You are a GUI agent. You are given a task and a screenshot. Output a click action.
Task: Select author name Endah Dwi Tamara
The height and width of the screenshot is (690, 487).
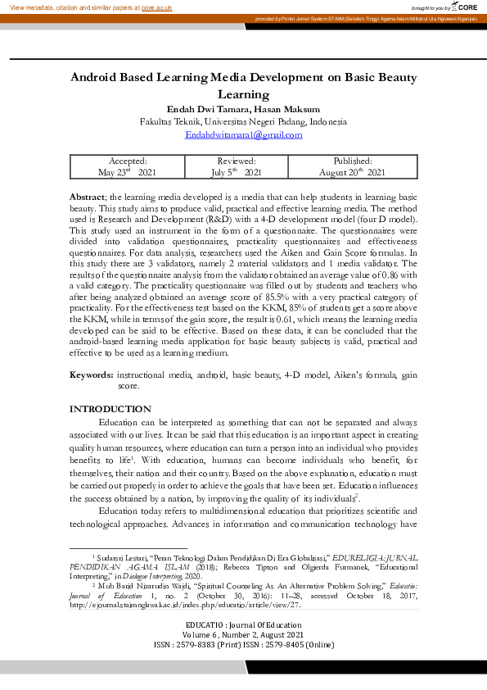(x=196, y=109)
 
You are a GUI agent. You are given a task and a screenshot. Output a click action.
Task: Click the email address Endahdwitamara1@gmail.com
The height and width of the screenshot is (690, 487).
(x=243, y=134)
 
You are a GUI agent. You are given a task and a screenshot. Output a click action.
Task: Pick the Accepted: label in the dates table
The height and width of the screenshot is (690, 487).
(x=127, y=161)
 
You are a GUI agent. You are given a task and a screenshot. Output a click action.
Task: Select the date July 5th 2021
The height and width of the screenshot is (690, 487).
(x=236, y=173)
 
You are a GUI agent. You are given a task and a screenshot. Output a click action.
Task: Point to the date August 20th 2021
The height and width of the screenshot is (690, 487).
(x=352, y=173)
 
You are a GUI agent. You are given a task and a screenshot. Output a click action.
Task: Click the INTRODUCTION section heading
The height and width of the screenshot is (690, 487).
(x=110, y=409)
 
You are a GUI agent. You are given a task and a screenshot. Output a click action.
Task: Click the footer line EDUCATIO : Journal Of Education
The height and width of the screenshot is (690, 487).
(x=243, y=626)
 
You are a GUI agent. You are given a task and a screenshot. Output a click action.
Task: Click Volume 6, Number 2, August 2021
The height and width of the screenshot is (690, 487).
(x=243, y=635)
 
